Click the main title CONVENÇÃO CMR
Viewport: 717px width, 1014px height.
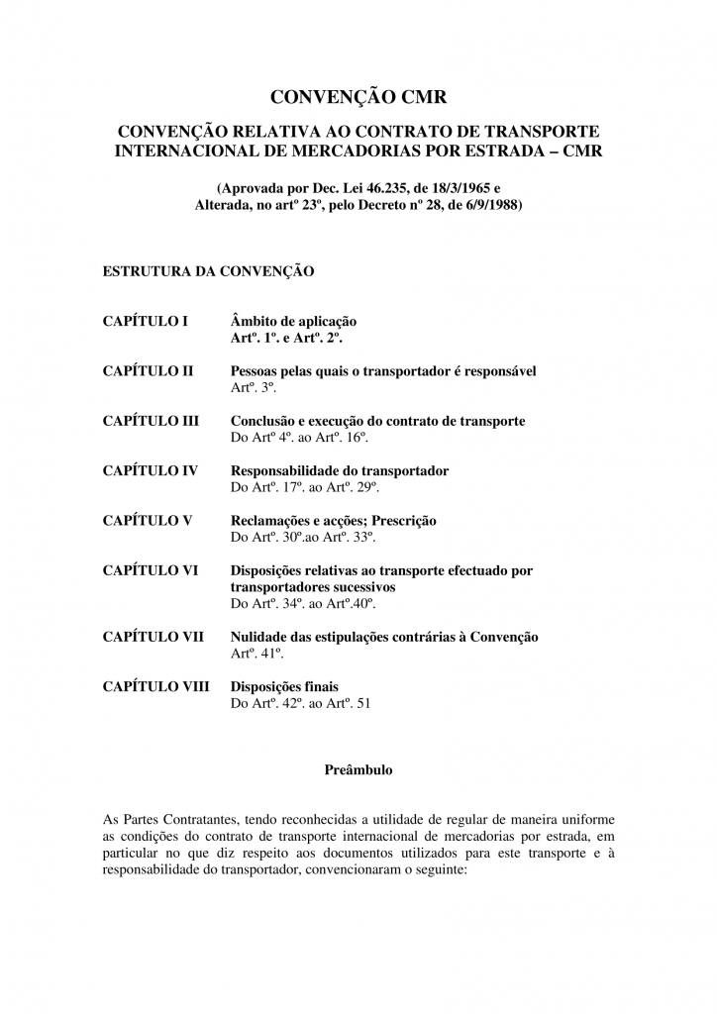[x=358, y=96]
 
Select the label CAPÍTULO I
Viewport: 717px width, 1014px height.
[x=145, y=321]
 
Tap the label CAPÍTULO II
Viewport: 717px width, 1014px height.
[x=148, y=371]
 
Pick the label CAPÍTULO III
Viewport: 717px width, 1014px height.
[x=151, y=421]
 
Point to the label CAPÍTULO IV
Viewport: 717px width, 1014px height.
[x=150, y=470]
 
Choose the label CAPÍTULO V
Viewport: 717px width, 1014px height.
[x=148, y=520]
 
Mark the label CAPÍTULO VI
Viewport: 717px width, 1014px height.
[x=151, y=570]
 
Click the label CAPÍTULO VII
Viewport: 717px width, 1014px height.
[x=154, y=636]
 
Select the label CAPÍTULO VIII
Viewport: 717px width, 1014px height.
[x=156, y=685]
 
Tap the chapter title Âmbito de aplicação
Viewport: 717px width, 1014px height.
[x=293, y=321]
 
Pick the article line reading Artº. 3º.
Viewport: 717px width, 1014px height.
[x=253, y=387]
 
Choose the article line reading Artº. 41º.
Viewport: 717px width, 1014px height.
[x=256, y=653]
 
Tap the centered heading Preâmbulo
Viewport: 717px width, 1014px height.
[x=358, y=768]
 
